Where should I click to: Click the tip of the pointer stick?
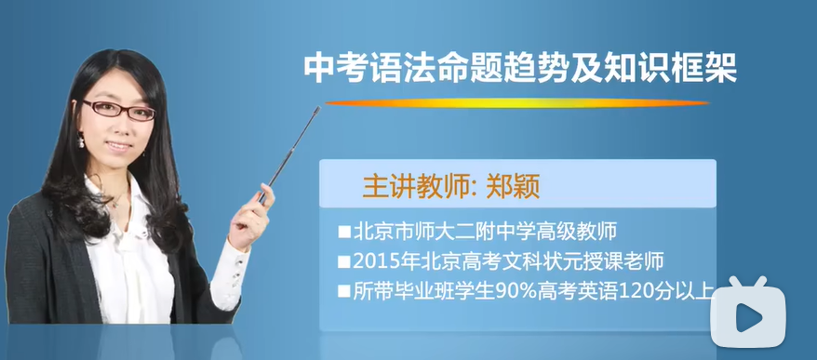(319, 110)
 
